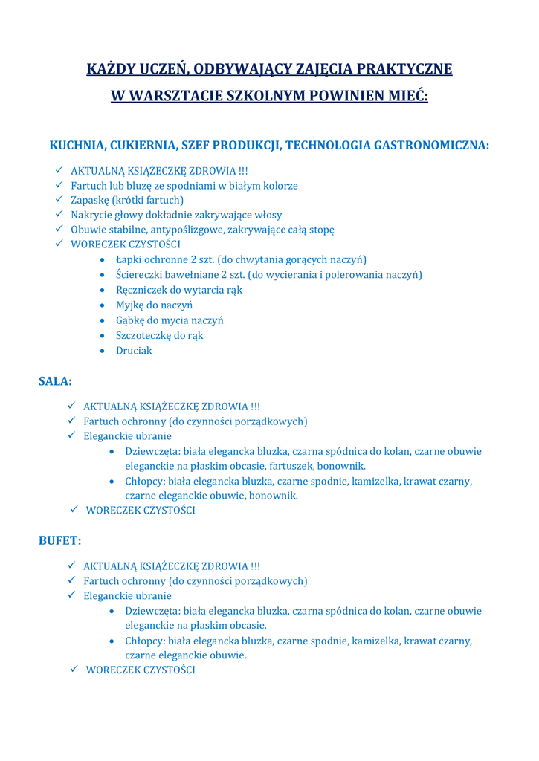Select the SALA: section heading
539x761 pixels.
pyautogui.click(x=55, y=381)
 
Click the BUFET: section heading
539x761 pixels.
pyautogui.click(x=59, y=540)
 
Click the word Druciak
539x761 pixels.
pyautogui.click(x=134, y=350)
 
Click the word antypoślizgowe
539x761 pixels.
pyautogui.click(x=184, y=230)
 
